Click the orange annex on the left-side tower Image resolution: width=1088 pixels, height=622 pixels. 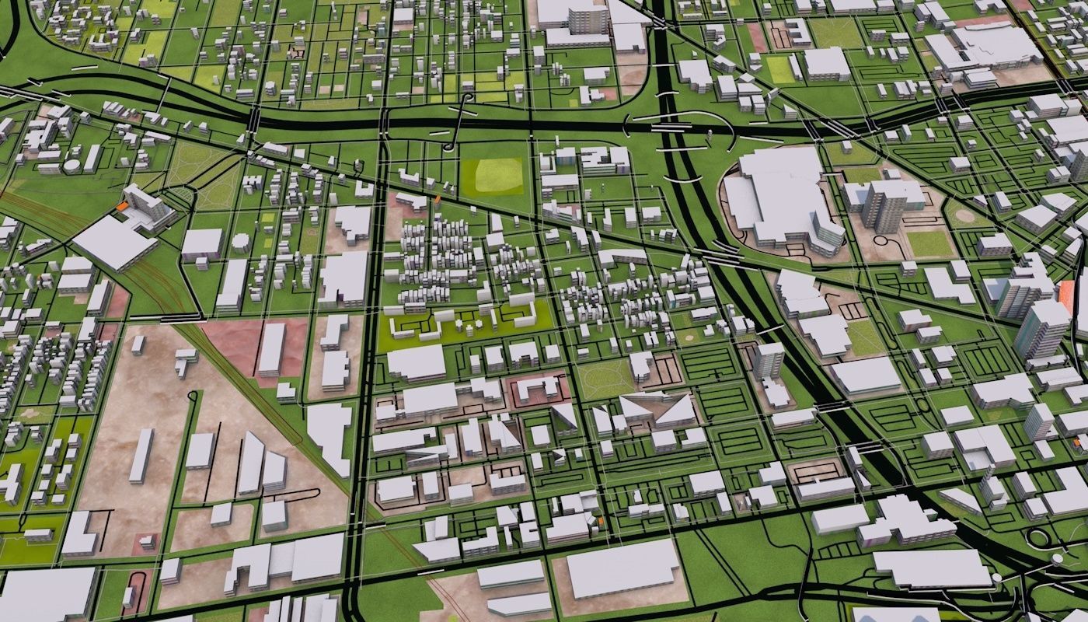pos(121,207)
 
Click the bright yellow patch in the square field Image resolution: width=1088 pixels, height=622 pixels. pos(498,176)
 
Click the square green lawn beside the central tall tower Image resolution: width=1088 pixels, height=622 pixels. pos(929,243)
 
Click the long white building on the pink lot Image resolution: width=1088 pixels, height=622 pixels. pos(271,349)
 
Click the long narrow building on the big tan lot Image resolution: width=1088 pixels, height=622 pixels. pos(141,455)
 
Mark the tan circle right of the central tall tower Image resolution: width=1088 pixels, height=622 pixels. pos(964,215)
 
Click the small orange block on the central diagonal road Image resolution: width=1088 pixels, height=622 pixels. pos(436,200)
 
